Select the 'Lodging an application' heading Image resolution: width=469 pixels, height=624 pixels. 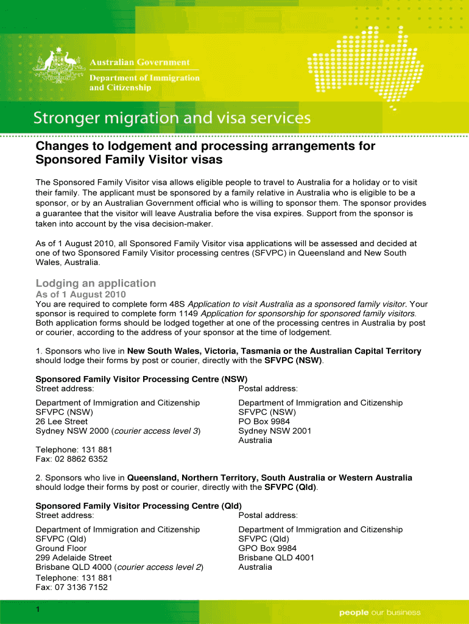pyautogui.click(x=96, y=283)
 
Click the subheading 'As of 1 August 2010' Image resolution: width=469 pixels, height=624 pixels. pyautogui.click(x=81, y=294)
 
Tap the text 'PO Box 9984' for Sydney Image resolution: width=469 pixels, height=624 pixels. pyautogui.click(x=264, y=421)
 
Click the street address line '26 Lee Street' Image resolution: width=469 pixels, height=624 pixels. pyautogui.click(x=62, y=421)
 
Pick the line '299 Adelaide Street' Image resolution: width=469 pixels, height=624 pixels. pyautogui.click(x=74, y=557)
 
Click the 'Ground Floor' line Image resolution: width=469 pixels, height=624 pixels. pyautogui.click(x=61, y=548)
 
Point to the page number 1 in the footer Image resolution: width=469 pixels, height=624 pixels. pyautogui.click(x=38, y=610)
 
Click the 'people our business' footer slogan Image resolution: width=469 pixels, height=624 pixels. pyautogui.click(x=379, y=612)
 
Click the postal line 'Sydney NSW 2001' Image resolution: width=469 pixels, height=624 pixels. pyautogui.click(x=275, y=431)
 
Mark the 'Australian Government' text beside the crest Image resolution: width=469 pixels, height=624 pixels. pyautogui.click(x=140, y=63)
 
